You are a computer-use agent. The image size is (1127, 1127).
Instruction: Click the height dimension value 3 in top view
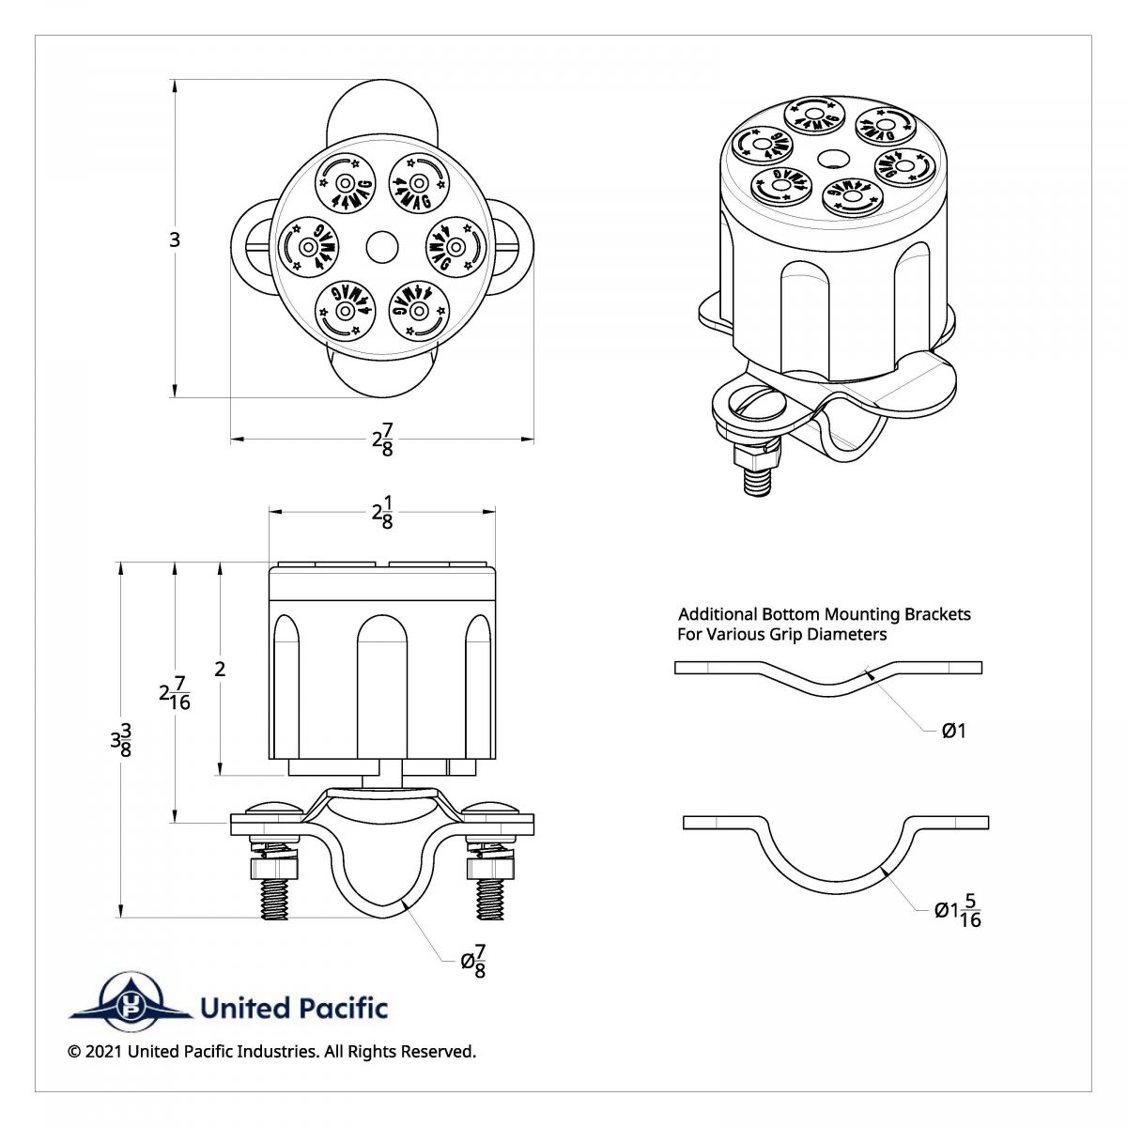point(174,239)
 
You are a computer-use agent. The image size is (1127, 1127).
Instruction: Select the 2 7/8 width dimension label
point(382,439)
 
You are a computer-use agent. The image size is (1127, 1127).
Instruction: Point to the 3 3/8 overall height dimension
point(120,740)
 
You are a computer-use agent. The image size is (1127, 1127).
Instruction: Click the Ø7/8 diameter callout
point(473,961)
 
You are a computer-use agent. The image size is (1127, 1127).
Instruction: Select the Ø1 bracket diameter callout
point(953,730)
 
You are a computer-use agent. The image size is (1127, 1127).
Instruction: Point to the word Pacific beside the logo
point(342,1009)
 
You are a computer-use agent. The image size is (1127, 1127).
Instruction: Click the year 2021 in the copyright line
point(103,1052)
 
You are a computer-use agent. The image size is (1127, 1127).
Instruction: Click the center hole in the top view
point(382,247)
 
